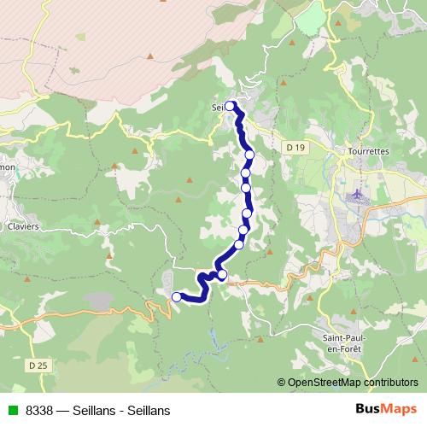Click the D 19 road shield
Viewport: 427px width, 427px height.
[x=295, y=148]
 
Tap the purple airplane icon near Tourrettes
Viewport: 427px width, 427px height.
[x=357, y=195]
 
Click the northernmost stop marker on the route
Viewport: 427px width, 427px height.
[x=231, y=106]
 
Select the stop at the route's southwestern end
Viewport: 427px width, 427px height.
[x=177, y=297]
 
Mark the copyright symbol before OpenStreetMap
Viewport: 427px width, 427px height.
[x=281, y=383]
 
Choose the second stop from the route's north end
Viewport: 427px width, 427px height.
[x=249, y=155]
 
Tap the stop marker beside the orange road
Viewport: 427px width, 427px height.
[x=222, y=275]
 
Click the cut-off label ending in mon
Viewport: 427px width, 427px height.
[x=7, y=167]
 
